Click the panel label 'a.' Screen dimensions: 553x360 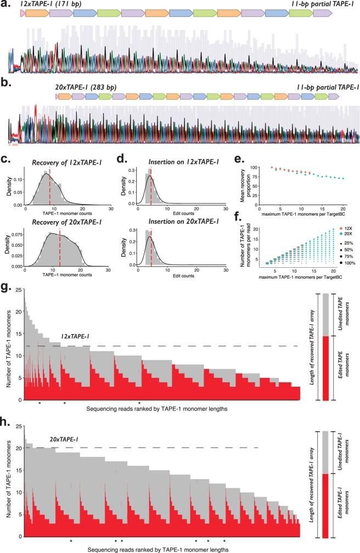(5, 5)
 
